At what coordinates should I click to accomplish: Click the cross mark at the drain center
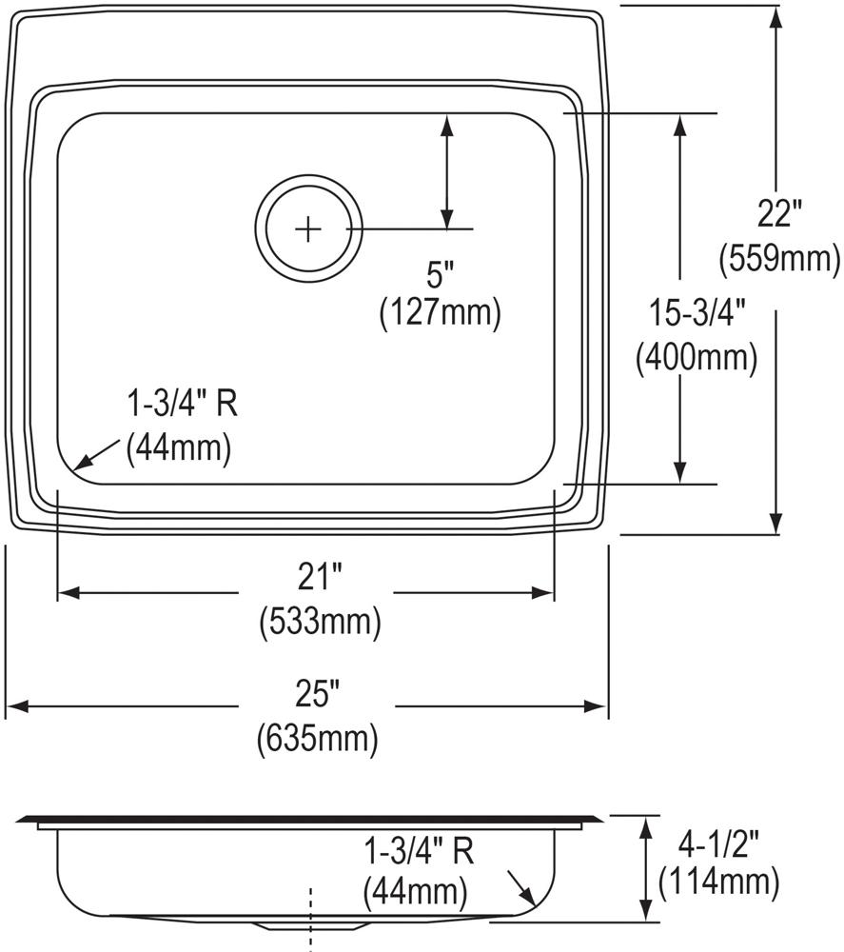coord(308,229)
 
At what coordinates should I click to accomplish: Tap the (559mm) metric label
coord(779,256)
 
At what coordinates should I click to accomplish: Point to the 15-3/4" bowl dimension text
coord(696,312)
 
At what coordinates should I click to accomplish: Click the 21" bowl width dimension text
coord(320,577)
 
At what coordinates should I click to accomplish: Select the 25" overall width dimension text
coord(318,695)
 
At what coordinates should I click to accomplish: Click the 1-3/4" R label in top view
coord(182,404)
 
